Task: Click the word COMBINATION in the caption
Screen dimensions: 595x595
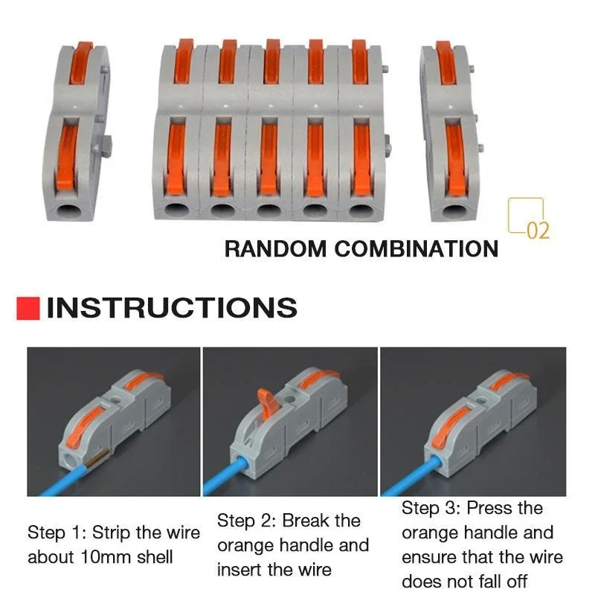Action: [416, 248]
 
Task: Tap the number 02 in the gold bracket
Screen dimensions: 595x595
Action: [537, 230]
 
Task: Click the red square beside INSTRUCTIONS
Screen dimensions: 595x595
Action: [28, 308]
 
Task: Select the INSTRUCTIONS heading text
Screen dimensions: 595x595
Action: [172, 308]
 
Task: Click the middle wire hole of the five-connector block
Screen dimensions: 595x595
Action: [269, 210]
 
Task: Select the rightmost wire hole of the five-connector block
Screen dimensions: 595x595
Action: [361, 210]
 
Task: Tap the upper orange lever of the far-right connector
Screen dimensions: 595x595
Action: [446, 62]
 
